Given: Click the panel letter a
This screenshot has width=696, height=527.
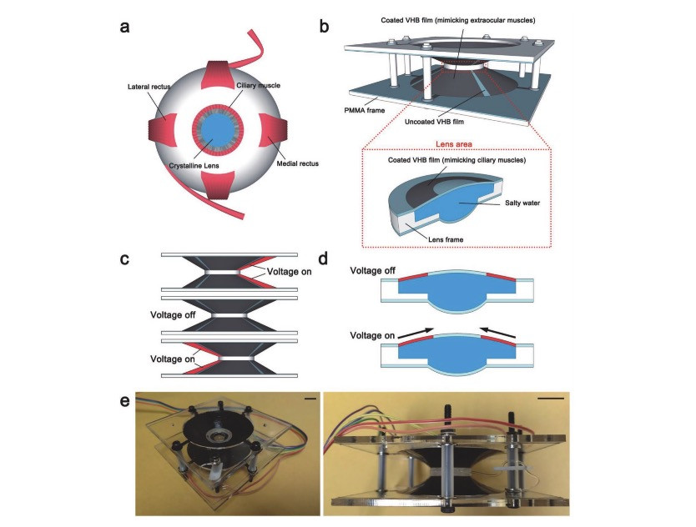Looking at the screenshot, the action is tap(124, 27).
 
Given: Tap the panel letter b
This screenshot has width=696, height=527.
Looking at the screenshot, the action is tap(324, 26).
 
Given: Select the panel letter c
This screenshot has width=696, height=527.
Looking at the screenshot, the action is tap(124, 258).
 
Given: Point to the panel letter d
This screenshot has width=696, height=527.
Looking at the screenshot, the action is tap(323, 258).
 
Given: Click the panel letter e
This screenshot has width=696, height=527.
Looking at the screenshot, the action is tap(124, 401).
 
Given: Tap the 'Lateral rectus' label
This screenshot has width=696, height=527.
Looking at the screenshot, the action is tap(149, 87).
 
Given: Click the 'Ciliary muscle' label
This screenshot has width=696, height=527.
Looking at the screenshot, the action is tap(259, 85).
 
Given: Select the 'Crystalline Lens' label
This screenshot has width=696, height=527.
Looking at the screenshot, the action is tap(194, 165).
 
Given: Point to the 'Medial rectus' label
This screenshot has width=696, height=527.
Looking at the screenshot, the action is tap(297, 163).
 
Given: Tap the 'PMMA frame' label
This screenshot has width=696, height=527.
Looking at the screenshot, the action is tap(365, 110).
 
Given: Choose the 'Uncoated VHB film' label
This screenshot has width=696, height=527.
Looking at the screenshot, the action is tap(434, 122).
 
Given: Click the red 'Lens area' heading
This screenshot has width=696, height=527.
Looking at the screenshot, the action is tap(454, 144).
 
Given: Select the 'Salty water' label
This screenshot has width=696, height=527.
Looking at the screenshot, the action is tap(522, 203).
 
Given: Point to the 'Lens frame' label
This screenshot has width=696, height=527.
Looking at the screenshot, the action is tap(446, 239).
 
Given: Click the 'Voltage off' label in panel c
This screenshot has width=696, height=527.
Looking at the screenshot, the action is tap(173, 315).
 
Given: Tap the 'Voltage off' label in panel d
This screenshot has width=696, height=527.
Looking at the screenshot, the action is tap(372, 271).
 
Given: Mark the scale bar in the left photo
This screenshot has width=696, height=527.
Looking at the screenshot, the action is tap(310, 399).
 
